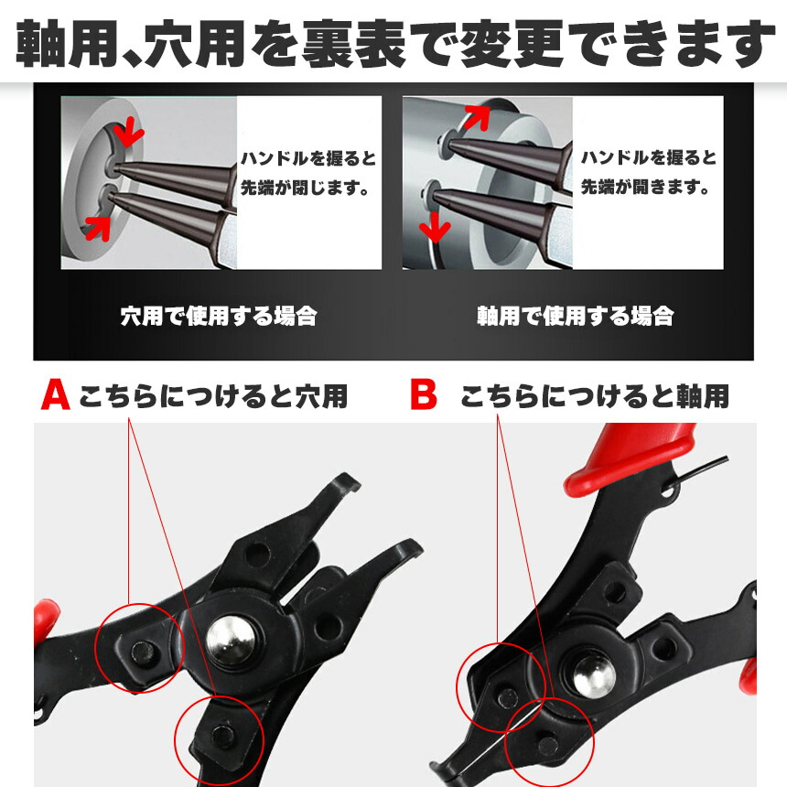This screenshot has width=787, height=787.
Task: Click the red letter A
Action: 55,395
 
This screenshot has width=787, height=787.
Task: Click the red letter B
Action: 424,395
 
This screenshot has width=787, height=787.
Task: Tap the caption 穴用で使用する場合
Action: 219,317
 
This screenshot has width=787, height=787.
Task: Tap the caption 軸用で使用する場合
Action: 576,317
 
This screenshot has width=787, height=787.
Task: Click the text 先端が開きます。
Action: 646,188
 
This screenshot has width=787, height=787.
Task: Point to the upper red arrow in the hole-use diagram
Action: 127,132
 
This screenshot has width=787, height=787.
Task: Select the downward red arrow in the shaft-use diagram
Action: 435,227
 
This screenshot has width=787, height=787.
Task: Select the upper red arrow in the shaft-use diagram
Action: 476,117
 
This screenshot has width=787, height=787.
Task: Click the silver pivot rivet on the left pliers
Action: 231,641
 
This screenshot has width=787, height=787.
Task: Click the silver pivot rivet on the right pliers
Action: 594,676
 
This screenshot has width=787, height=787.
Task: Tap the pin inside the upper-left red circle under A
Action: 143,652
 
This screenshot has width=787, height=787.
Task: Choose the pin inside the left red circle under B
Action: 508,698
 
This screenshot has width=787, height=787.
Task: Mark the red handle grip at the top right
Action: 630,459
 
